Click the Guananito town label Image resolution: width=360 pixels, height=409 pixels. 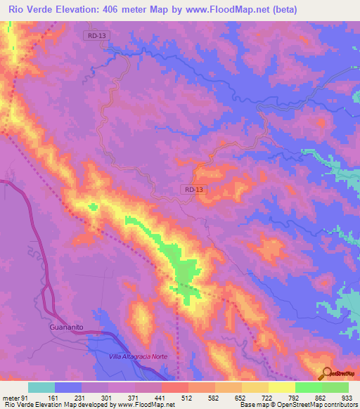tap(71, 327)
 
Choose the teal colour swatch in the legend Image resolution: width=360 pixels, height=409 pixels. tap(41, 387)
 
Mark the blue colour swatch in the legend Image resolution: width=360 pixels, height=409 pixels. tap(68, 387)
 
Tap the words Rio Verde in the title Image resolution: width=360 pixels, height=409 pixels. tap(28, 9)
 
